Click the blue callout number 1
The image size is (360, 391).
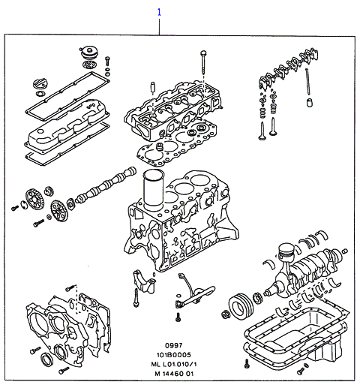[x=159, y=12]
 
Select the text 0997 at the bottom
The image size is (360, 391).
[x=174, y=345]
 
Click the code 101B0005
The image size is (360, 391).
[x=174, y=355]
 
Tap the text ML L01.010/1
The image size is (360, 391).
[x=174, y=364]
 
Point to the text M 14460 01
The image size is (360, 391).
[x=174, y=374]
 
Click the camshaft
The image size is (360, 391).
[x=106, y=185]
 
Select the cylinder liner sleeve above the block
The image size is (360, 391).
[x=153, y=190]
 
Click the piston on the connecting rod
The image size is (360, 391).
[x=286, y=251]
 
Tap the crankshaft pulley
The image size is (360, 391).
[x=241, y=306]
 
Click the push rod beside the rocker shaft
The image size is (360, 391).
[x=307, y=82]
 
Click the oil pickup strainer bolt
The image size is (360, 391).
[x=178, y=317]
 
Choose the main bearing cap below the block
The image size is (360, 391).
[x=145, y=281]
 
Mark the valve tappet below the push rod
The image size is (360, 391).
[x=310, y=102]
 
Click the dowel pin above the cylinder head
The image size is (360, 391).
[x=152, y=87]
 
